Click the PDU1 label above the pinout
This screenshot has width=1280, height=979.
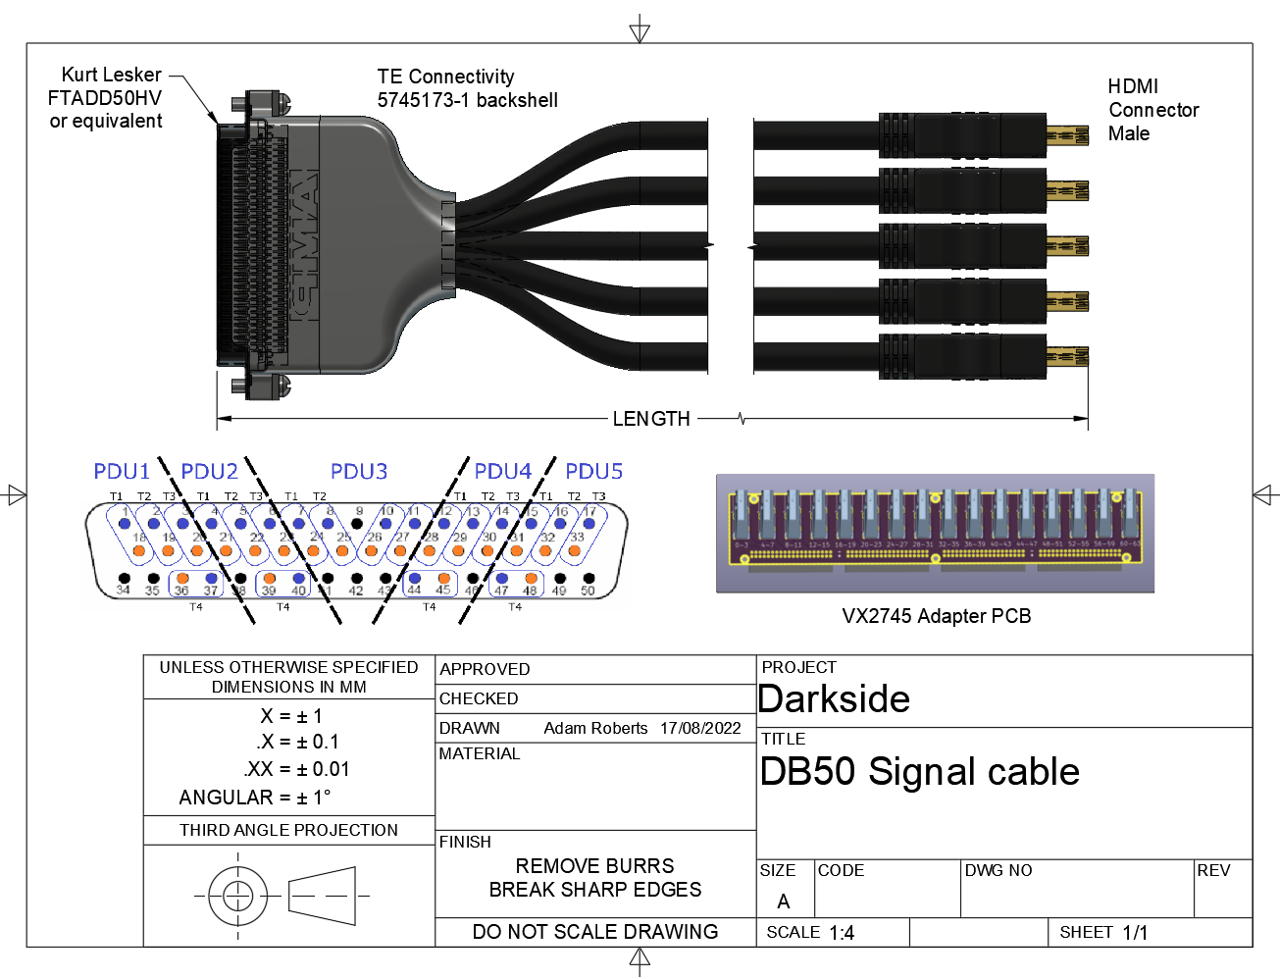pos(122,472)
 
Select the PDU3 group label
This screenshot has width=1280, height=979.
pos(359,472)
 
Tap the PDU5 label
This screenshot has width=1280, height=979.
pos(593,472)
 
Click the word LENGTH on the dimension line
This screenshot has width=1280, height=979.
pos(651,419)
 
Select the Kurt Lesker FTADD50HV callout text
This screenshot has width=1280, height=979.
pos(106,98)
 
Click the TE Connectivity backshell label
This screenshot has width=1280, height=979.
pos(467,88)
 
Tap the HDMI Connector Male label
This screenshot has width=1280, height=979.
pos(1152,110)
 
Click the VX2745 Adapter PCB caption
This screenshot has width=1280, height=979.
pos(936,616)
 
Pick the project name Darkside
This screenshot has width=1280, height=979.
pos(835,699)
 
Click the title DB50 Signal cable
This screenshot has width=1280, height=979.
pos(919,772)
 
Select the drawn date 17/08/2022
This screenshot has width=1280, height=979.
pos(700,728)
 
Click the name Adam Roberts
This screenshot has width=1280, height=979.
pos(595,728)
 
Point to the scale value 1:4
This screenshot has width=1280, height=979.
pos(842,933)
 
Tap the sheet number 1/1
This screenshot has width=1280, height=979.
pos(1135,933)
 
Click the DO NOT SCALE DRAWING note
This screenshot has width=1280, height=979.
pos(595,932)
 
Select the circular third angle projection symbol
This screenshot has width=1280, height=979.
pos(237,895)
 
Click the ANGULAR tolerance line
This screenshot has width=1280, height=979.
pos(255,798)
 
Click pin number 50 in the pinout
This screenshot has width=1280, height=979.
pos(588,591)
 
